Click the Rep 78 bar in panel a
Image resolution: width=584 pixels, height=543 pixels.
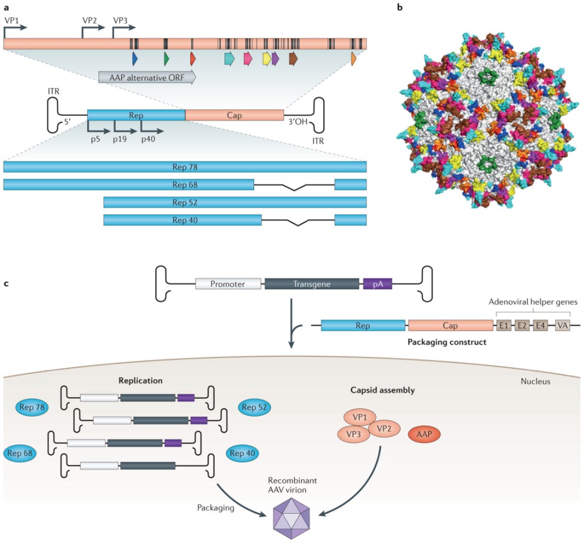click(x=185, y=167)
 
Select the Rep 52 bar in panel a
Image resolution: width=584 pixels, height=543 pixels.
click(x=235, y=202)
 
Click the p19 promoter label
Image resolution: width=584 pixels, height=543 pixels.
click(x=122, y=139)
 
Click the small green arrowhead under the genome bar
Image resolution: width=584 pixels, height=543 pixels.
click(x=166, y=58)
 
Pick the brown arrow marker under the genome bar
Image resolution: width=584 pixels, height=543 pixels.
click(x=293, y=58)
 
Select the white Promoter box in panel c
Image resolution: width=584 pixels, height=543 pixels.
click(x=228, y=284)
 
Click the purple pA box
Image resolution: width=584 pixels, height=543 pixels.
click(x=378, y=284)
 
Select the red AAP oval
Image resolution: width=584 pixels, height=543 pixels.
click(x=424, y=435)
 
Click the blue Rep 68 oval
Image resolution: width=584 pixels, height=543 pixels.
click(x=21, y=453)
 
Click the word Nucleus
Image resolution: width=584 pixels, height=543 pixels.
click(x=534, y=382)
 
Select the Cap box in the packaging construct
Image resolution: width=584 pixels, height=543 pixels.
click(x=450, y=326)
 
